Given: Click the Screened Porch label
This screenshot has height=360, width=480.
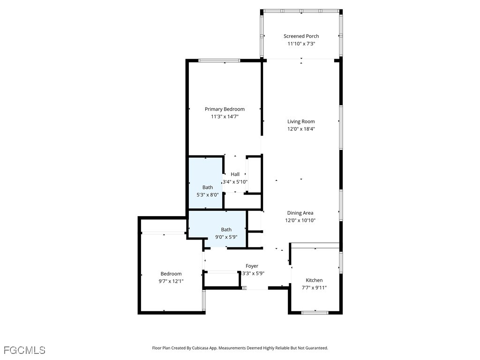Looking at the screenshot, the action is pyautogui.click(x=301, y=36).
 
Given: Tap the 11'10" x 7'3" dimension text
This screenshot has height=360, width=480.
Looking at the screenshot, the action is pyautogui.click(x=301, y=44).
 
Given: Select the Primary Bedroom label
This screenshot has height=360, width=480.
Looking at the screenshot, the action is pyautogui.click(x=225, y=109).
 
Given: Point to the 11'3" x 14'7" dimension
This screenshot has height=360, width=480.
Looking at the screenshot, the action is pyautogui.click(x=225, y=117).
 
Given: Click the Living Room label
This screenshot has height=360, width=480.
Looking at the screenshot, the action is pyautogui.click(x=301, y=121).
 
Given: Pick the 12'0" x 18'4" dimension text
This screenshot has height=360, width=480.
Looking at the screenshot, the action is pyautogui.click(x=301, y=129).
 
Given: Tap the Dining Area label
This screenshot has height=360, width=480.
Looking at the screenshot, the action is pyautogui.click(x=300, y=213).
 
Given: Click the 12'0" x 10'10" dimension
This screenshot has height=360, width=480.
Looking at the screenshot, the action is pyautogui.click(x=300, y=220).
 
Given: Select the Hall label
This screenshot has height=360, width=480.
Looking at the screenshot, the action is pyautogui.click(x=235, y=174).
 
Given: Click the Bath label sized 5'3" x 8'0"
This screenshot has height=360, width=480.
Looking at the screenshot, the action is pyautogui.click(x=208, y=187).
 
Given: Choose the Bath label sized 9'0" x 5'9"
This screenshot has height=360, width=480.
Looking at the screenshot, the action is pyautogui.click(x=226, y=230).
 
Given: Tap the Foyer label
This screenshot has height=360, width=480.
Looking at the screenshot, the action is pyautogui.click(x=252, y=266).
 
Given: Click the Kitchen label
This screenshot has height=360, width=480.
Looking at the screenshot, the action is pyautogui.click(x=314, y=280).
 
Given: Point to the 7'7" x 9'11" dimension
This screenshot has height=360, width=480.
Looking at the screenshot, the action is pyautogui.click(x=314, y=288).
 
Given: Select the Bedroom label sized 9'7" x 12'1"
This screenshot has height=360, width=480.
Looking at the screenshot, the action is pyautogui.click(x=171, y=274).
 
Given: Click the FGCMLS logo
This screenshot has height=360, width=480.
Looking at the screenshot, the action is pyautogui.click(x=24, y=350).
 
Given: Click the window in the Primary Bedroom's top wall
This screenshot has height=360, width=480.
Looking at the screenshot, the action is pyautogui.click(x=219, y=60).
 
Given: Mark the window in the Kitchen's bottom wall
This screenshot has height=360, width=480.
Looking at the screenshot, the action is pyautogui.click(x=315, y=313).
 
